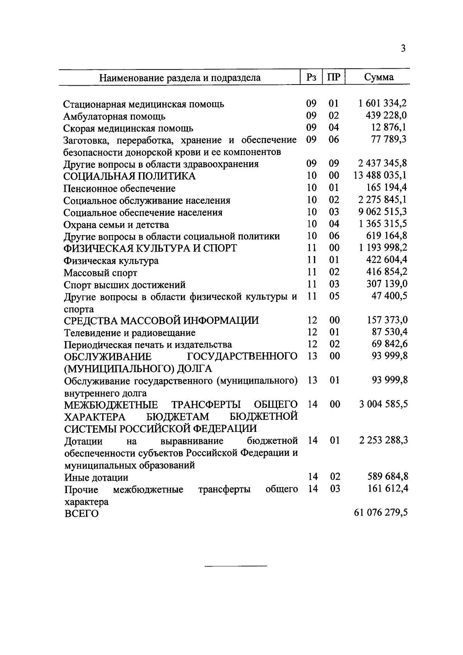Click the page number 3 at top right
(x=403, y=49)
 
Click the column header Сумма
(x=379, y=77)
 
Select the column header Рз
(x=311, y=77)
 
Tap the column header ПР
(x=334, y=77)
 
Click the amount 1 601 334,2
(x=382, y=103)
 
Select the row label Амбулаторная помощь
(x=115, y=116)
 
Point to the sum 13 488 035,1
(x=380, y=176)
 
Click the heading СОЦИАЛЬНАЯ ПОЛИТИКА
(x=130, y=176)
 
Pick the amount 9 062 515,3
(x=382, y=212)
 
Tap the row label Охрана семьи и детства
(x=116, y=225)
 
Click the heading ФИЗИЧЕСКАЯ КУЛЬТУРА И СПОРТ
(x=150, y=248)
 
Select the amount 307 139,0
(x=387, y=284)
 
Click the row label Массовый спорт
(x=100, y=273)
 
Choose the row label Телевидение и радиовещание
(x=130, y=333)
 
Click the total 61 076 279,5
(x=380, y=513)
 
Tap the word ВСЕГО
(x=81, y=514)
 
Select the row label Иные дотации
(x=96, y=478)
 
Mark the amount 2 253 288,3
(x=383, y=440)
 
